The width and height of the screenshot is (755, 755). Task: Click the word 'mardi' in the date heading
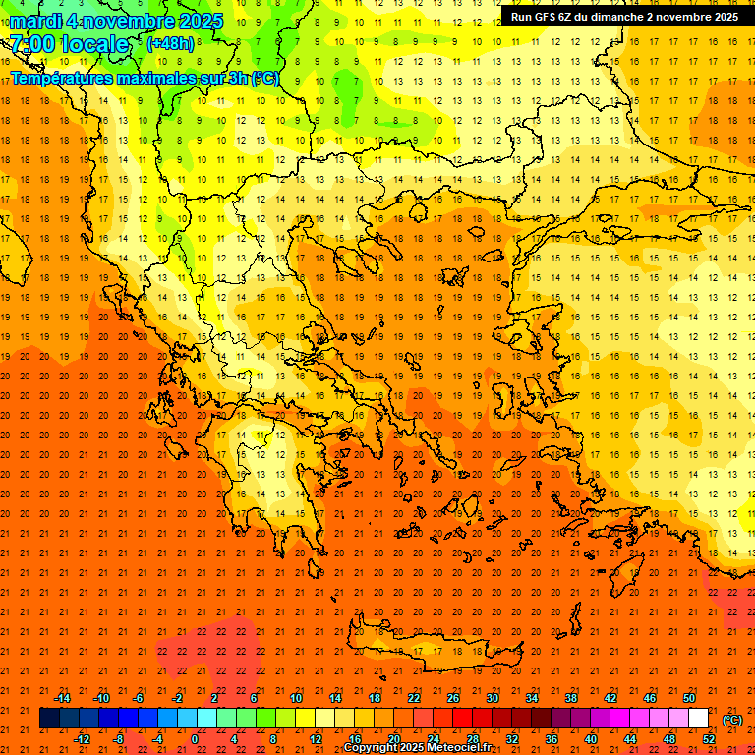(33, 20)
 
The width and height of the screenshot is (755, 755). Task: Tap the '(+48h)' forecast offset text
(170, 43)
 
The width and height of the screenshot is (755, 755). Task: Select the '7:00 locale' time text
(69, 44)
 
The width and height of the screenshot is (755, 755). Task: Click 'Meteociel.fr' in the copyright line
(462, 748)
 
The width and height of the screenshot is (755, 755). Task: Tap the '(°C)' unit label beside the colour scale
(732, 720)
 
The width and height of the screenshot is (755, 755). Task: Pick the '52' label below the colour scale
(709, 739)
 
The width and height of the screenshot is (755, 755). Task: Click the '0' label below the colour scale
(194, 739)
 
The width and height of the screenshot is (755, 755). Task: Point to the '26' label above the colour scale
(453, 698)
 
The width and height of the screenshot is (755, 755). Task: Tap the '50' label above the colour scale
(689, 698)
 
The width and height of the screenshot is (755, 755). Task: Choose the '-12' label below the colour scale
(82, 739)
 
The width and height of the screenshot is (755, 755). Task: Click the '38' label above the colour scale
(571, 698)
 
